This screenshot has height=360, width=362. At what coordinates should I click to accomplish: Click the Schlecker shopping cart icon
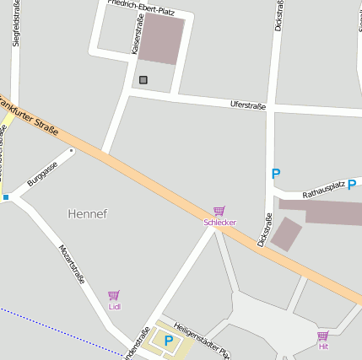219,211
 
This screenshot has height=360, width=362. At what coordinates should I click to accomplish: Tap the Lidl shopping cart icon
114,295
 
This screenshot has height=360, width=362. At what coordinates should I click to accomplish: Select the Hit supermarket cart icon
322,336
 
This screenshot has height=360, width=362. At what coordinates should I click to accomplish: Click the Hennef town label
88,214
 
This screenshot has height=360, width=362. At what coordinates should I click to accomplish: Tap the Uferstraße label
248,105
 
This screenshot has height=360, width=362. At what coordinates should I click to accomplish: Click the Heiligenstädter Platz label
202,341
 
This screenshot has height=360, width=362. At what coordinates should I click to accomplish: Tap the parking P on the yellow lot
168,341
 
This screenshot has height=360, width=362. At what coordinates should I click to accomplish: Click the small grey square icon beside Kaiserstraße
143,80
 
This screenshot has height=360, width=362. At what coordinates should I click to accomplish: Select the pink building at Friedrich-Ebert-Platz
161,38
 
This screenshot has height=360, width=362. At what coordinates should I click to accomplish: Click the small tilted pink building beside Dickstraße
285,234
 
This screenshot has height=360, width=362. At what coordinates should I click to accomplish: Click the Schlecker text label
219,223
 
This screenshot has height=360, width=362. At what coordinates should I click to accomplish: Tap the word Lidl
114,307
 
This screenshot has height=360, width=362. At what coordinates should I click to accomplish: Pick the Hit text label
322,347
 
